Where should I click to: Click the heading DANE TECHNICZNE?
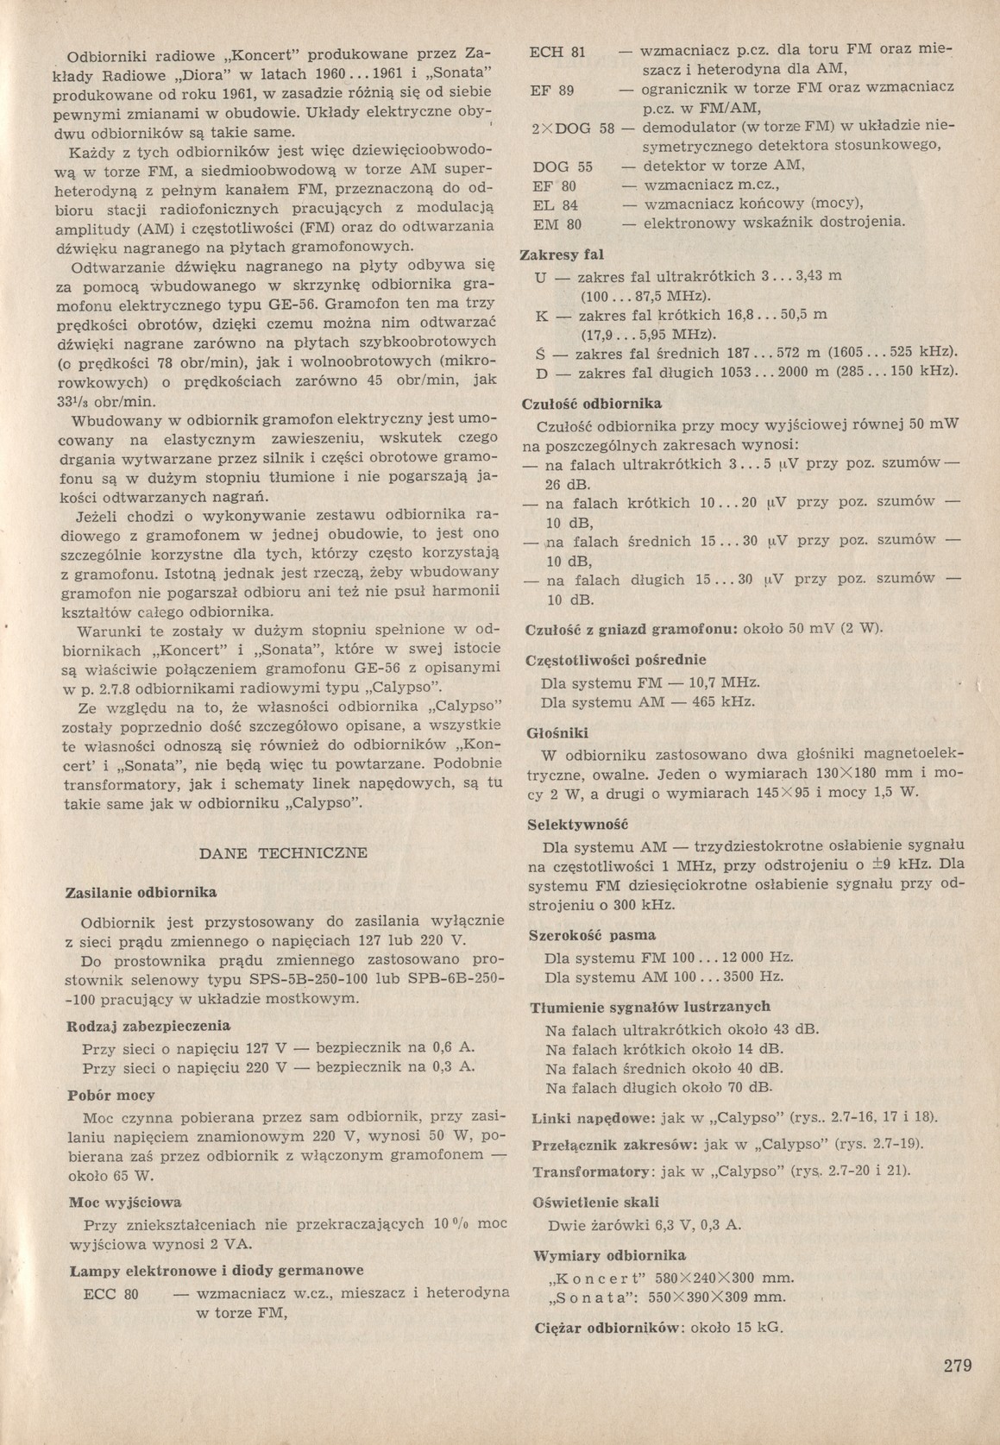pos(283,853)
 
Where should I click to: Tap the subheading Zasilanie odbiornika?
pos(142,892)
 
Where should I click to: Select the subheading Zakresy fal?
pos(561,254)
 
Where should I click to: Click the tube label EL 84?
pos(557,205)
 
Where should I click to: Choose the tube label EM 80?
pos(558,224)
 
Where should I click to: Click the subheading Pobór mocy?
pos(111,1096)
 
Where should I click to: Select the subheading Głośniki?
pos(558,733)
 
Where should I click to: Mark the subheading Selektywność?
pos(577,825)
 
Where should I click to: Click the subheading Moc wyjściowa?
pos(124,1203)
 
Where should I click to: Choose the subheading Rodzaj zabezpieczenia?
pos(148,1026)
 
